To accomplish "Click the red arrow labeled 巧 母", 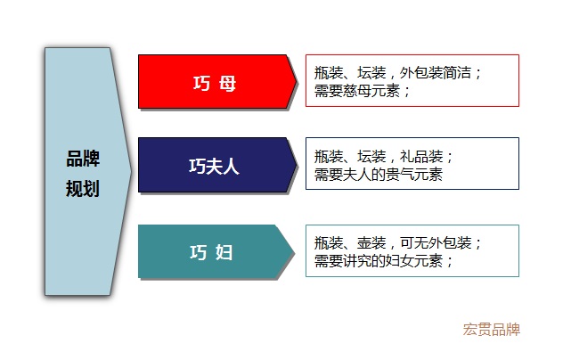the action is (217, 82).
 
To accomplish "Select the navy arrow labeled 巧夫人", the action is (217, 165).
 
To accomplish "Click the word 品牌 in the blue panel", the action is (83, 159).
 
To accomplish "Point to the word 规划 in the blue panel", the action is (83, 188).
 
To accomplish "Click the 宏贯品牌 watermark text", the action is (492, 330).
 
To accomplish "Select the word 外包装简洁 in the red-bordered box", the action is (436, 72).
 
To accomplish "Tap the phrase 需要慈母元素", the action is (357, 91).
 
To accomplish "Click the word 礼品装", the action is (421, 156).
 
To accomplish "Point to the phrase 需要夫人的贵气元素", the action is (379, 175).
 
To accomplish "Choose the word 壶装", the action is (371, 242).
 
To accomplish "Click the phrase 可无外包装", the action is (436, 242).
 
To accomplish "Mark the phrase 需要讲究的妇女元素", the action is (379, 261).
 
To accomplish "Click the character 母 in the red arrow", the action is (228, 84).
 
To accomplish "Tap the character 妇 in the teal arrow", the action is (224, 252).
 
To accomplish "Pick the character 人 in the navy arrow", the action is (231, 167).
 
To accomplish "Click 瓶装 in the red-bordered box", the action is (329, 72).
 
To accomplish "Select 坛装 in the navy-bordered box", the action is (371, 156).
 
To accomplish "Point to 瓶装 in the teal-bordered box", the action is (329, 242).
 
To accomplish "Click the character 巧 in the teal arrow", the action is (199, 252).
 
